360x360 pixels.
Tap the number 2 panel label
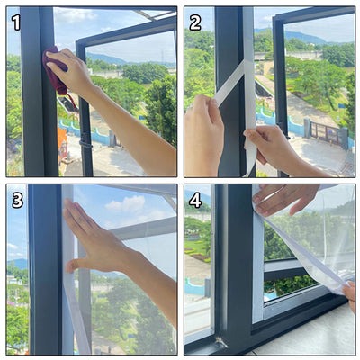(195, 22)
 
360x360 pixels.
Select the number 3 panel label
(17, 199)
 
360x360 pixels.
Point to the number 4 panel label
(195, 199)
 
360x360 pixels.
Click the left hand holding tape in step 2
(203, 135)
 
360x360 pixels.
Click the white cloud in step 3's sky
(126, 205)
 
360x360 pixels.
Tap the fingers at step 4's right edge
(348, 293)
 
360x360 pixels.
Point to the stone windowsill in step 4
(306, 333)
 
